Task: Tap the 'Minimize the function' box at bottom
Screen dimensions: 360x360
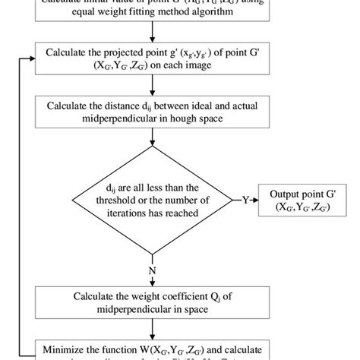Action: [154, 350]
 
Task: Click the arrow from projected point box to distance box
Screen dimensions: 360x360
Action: [154, 88]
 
